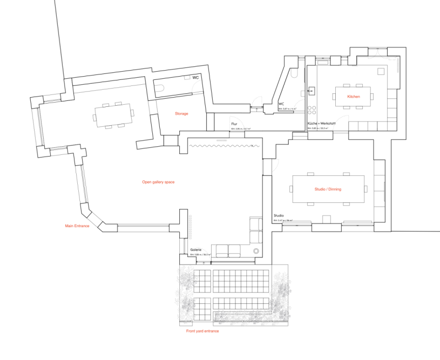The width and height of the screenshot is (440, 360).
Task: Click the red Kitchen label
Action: (354, 96)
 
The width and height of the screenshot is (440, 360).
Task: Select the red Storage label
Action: (181, 114)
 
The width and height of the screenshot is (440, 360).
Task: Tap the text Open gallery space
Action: (158, 182)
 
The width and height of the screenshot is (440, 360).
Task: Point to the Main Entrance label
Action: (77, 226)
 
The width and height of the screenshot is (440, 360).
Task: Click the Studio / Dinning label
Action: (331, 189)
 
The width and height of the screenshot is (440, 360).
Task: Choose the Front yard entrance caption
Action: (202, 331)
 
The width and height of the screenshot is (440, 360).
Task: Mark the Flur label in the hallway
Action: (234, 124)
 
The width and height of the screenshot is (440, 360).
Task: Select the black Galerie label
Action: (196, 250)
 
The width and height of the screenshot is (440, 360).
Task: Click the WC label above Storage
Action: (195, 78)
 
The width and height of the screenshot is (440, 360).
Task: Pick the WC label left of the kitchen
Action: (281, 104)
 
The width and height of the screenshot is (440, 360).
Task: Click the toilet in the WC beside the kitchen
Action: (295, 73)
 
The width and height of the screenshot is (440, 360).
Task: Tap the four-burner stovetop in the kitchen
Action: (312, 110)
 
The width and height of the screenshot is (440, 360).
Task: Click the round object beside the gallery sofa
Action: (256, 251)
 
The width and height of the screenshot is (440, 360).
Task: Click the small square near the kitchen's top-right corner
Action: (382, 70)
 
